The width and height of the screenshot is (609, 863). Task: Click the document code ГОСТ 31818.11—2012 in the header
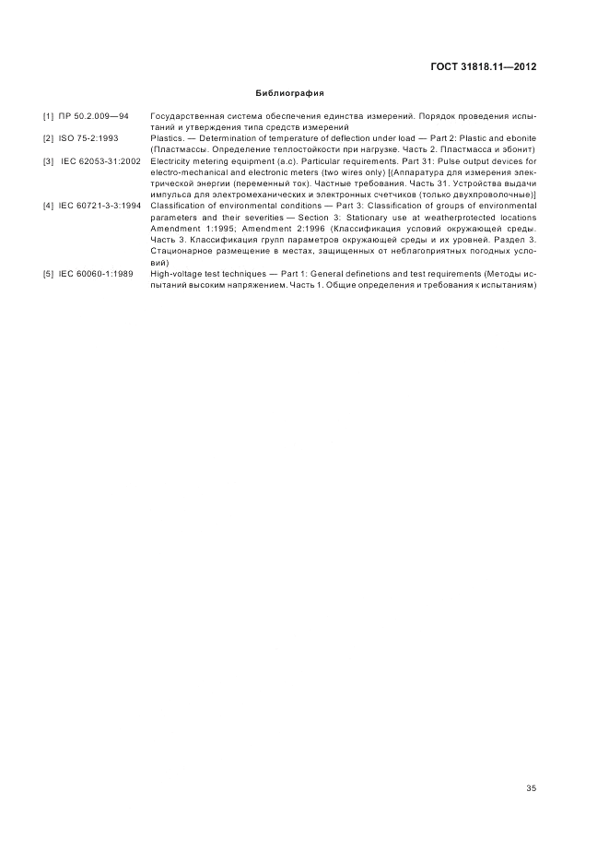[x=483, y=66]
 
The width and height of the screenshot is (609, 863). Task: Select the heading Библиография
[x=289, y=93]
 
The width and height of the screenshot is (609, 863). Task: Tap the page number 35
[x=531, y=788]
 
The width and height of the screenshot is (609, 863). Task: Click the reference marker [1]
[x=49, y=117]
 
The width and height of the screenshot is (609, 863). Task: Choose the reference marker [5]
[x=49, y=274]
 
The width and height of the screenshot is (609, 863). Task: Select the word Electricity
[x=171, y=161]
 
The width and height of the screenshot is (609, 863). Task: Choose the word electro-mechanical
[x=187, y=172]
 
